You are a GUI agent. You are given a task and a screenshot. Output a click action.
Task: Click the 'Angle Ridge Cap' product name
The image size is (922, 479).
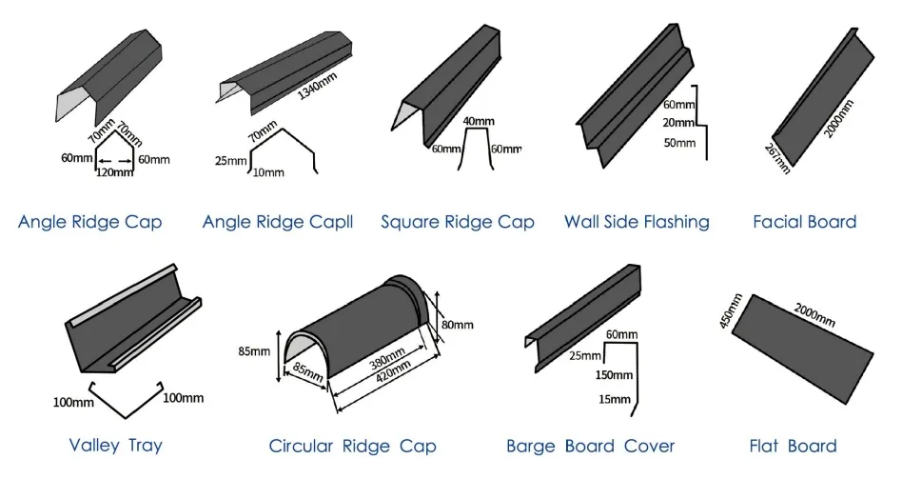coord(89,222)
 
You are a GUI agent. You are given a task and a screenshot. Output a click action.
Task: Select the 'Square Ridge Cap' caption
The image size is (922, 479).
coord(458,222)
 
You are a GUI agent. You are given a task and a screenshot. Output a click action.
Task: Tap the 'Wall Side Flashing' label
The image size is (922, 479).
coord(637,222)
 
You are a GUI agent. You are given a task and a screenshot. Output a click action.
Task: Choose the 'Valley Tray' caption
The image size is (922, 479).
coord(116,445)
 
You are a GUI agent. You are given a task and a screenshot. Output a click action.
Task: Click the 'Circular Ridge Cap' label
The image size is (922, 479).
coord(352,446)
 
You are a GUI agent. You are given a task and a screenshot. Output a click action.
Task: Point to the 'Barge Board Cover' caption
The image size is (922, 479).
coord(590,446)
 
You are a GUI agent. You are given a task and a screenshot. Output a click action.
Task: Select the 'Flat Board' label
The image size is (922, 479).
coord(794,446)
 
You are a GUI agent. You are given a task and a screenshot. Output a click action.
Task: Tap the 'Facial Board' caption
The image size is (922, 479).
coord(804,222)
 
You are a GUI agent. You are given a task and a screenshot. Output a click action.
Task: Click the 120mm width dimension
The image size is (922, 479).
coord(114,173)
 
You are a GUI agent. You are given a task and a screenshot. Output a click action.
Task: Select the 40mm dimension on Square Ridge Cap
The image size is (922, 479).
coord(479,122)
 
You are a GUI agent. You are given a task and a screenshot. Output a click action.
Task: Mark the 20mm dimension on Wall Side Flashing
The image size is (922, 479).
coord(678,123)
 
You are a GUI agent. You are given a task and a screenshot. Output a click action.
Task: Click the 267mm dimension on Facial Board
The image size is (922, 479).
coord(777,157)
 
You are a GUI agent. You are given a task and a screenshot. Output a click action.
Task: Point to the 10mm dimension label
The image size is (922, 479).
coord(267,172)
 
